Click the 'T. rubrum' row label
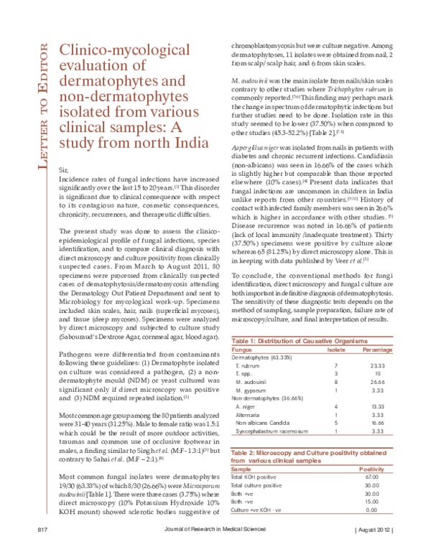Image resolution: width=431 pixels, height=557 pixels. click(248, 366)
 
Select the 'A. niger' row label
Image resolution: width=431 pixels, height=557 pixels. click(246, 406)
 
